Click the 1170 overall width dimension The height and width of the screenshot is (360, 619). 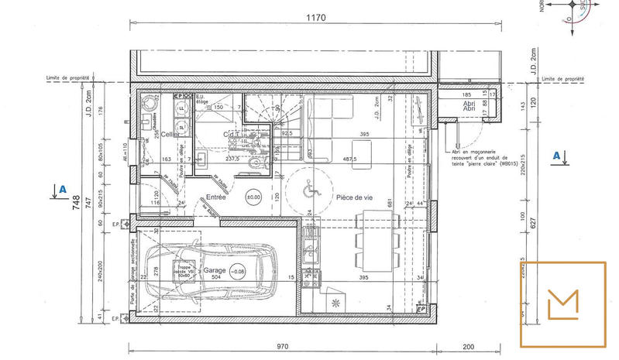[x=315, y=17]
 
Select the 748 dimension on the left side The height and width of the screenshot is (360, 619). [x=76, y=203]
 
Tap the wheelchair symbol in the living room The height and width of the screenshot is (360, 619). [x=308, y=187]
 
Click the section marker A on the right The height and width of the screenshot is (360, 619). [x=556, y=156]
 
